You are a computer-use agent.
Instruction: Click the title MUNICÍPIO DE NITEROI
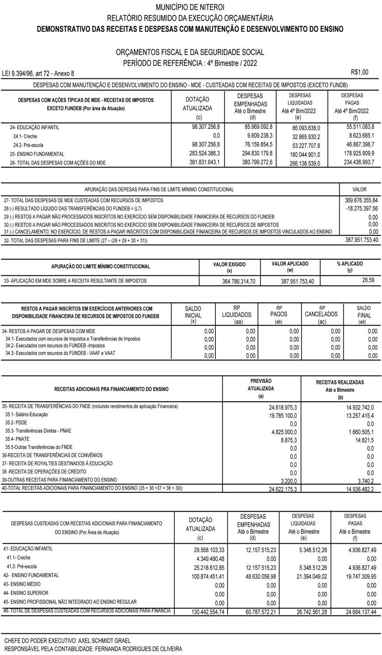(x=190, y=7)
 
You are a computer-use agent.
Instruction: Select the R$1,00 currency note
(x=359, y=72)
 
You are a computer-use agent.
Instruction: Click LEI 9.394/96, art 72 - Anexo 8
(x=38, y=73)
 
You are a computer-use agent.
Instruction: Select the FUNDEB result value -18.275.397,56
(x=361, y=209)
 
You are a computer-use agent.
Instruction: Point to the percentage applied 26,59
(x=368, y=280)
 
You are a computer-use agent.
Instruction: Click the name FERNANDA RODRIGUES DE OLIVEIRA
(x=137, y=649)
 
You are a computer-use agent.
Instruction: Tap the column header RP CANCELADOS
(x=321, y=314)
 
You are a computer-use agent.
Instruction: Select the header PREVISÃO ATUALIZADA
(x=261, y=385)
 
